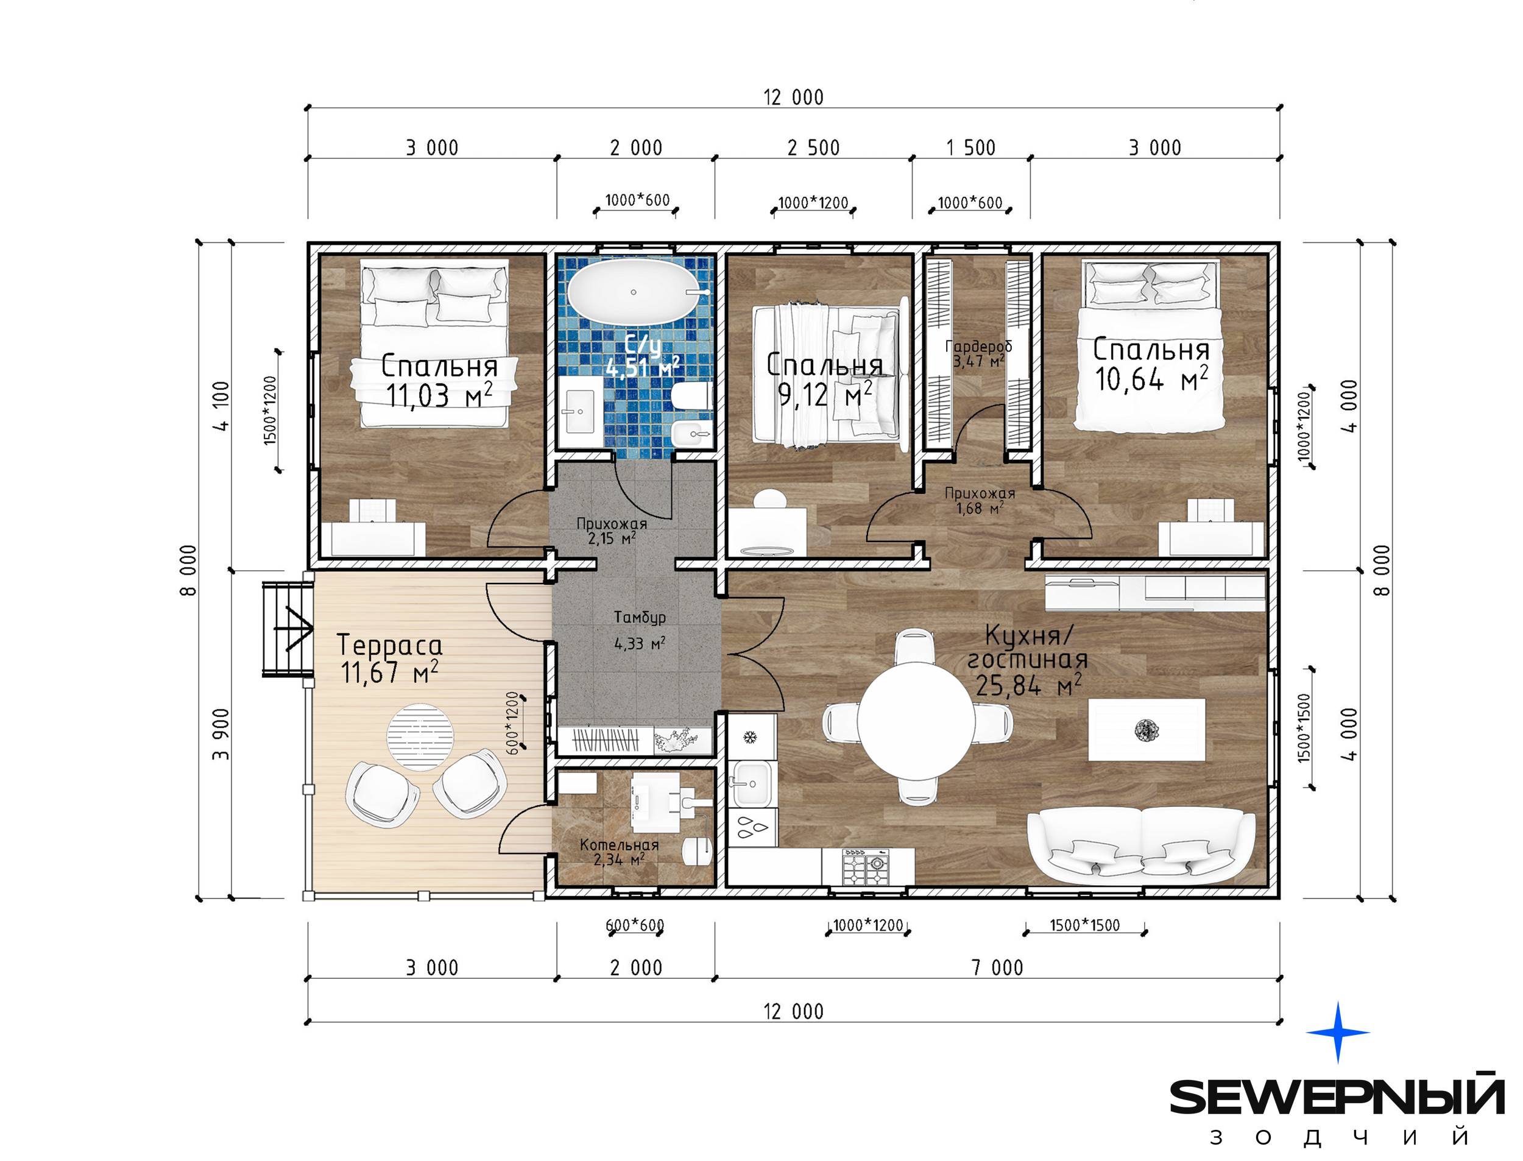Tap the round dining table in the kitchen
[x=916, y=719]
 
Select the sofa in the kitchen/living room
[x=1141, y=846]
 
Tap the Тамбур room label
[x=640, y=616]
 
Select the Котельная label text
[x=619, y=844]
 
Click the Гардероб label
[x=978, y=345]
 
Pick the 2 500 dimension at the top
[x=813, y=147]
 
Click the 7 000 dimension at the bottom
[x=997, y=967]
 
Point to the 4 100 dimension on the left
[x=222, y=406]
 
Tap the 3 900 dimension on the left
[x=221, y=734]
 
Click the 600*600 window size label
[x=634, y=925]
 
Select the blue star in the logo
[x=1337, y=1032]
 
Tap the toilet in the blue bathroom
[x=690, y=395]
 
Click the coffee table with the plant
[x=1147, y=730]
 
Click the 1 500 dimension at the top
[x=971, y=147]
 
